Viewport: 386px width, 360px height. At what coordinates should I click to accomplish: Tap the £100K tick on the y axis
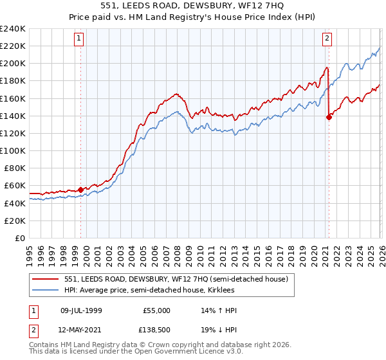coord(13,150)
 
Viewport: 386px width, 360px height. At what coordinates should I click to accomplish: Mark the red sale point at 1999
coord(80,190)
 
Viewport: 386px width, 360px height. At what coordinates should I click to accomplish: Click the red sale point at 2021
coord(329,117)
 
